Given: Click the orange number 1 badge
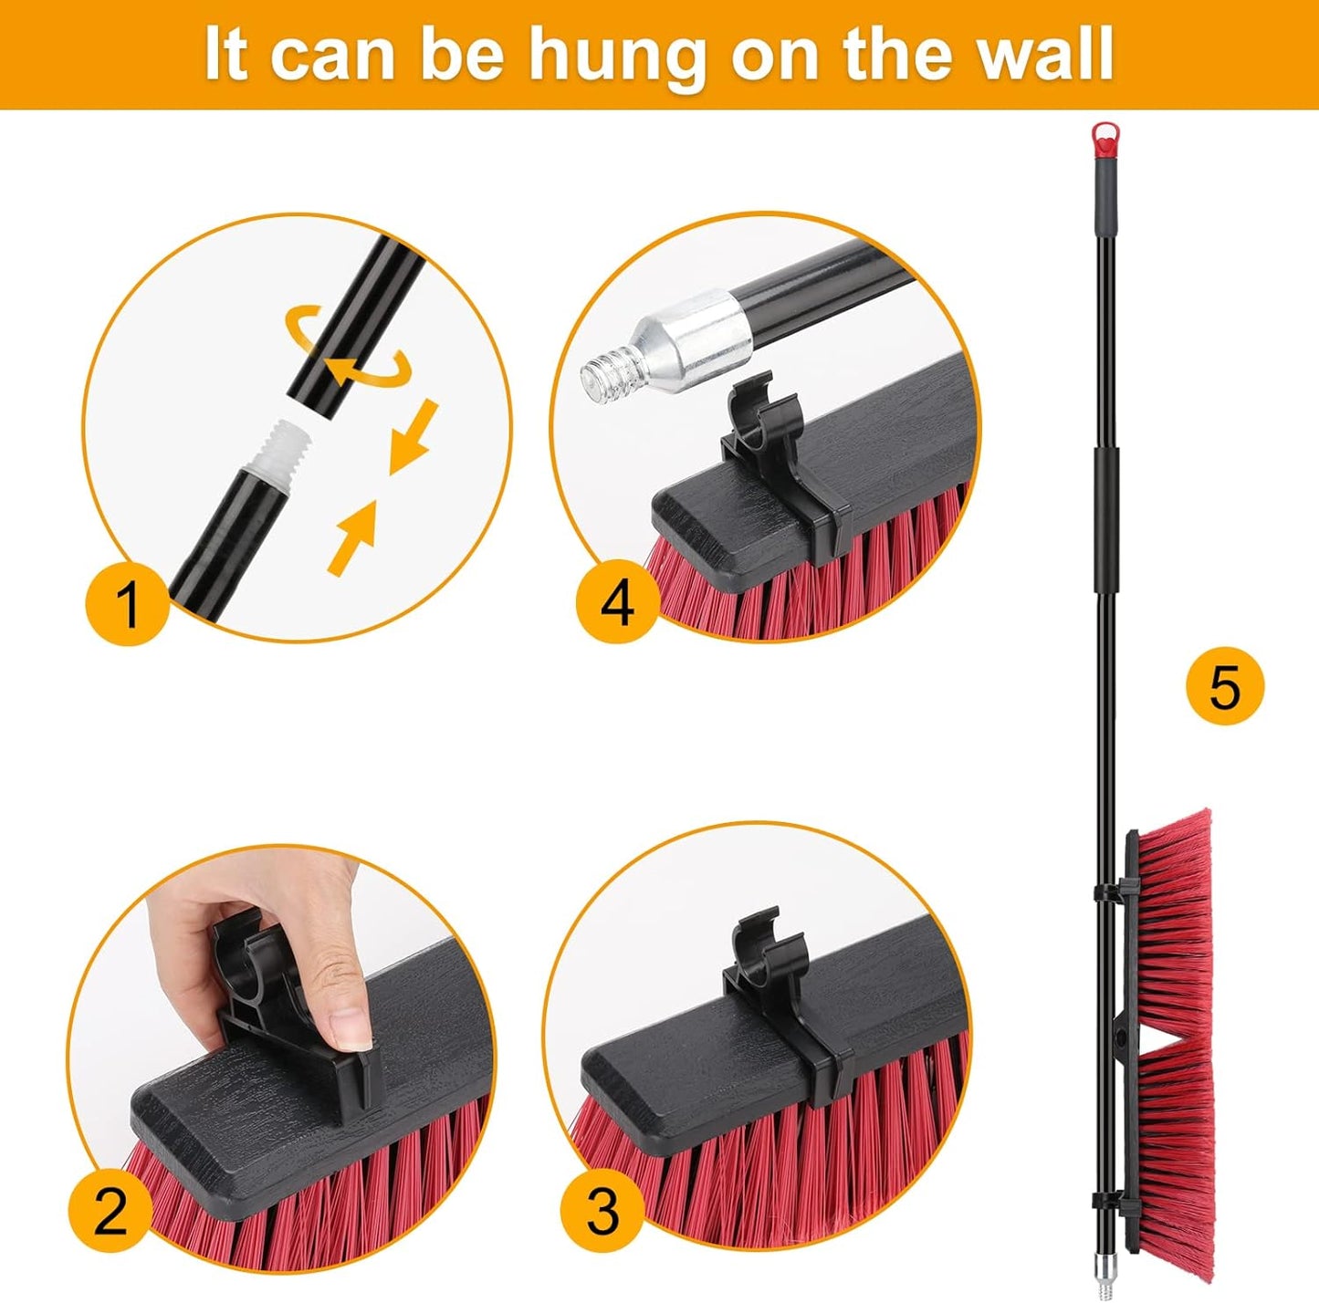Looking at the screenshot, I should point(128,602).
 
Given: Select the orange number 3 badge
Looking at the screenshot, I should point(603,1211).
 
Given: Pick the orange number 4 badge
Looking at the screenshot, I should point(618,602).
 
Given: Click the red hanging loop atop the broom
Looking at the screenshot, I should point(1105,135).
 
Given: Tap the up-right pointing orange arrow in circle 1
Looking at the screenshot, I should point(355,537).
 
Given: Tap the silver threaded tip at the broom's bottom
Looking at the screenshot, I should point(1107,1283).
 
